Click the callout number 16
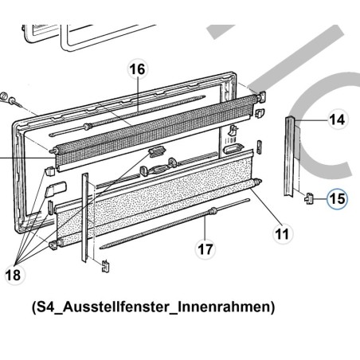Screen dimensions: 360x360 coord(137,68)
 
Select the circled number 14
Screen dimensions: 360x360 coord(338,120)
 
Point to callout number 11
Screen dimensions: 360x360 coord(280,234)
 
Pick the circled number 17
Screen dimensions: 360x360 coord(205,248)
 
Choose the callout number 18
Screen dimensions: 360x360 coord(14,275)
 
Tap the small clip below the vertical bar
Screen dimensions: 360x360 coord(101,264)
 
